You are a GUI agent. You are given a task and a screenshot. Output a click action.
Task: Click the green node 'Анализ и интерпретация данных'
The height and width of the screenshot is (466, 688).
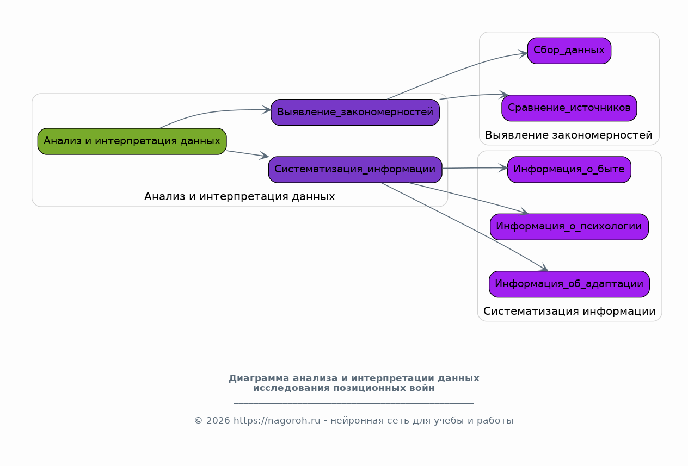[132, 141]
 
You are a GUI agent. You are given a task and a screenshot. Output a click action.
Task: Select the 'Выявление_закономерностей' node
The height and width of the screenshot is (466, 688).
[355, 112]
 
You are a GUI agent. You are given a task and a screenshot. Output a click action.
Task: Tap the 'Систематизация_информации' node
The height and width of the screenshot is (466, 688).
[355, 170]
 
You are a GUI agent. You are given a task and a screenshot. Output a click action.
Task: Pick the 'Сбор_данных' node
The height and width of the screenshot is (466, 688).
[569, 51]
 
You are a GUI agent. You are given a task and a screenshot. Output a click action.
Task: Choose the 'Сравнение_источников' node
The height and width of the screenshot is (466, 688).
[569, 108]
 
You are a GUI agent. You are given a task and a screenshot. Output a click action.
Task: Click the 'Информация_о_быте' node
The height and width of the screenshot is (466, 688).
[569, 170]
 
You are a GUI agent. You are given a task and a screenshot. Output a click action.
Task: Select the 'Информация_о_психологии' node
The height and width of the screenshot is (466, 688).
[569, 227]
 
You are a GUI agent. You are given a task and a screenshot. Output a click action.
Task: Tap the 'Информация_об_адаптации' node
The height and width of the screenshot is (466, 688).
[569, 284]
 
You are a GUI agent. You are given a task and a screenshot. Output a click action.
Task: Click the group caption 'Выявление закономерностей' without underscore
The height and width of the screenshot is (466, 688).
[568, 135]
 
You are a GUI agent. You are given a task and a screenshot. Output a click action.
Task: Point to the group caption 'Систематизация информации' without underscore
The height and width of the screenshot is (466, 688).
[569, 311]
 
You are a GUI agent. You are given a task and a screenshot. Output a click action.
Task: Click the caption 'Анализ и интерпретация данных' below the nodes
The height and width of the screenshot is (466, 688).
[239, 196]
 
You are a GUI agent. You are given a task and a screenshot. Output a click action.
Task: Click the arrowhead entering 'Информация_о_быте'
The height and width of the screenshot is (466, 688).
[503, 168]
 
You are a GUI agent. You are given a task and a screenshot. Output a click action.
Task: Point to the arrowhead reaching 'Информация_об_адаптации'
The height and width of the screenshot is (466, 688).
[544, 268]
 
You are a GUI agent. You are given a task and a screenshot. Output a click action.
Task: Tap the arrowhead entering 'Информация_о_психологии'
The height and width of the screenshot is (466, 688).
[524, 211]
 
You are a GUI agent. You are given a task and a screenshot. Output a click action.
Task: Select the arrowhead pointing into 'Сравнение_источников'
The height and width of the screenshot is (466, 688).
[503, 94]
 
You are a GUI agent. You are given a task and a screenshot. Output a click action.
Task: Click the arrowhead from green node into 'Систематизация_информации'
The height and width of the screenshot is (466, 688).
[264, 155]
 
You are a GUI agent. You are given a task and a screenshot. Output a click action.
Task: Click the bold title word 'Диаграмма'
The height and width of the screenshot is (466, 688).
[259, 378]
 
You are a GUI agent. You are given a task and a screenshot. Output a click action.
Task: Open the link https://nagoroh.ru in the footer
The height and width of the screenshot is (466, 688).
[277, 420]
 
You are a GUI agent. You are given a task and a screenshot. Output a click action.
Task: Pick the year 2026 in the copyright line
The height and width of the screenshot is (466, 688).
[218, 420]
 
